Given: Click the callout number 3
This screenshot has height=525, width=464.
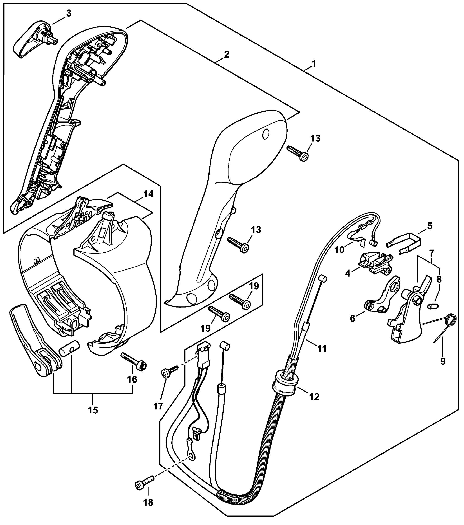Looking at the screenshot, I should pyautogui.click(x=69, y=14).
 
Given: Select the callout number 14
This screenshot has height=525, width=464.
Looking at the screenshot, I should pyautogui.click(x=149, y=194).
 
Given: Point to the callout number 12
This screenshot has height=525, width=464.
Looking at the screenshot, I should pyautogui.click(x=314, y=397).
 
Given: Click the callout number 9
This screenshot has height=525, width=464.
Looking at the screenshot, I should pyautogui.click(x=443, y=361).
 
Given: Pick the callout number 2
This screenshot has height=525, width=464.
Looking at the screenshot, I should pyautogui.click(x=226, y=55).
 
